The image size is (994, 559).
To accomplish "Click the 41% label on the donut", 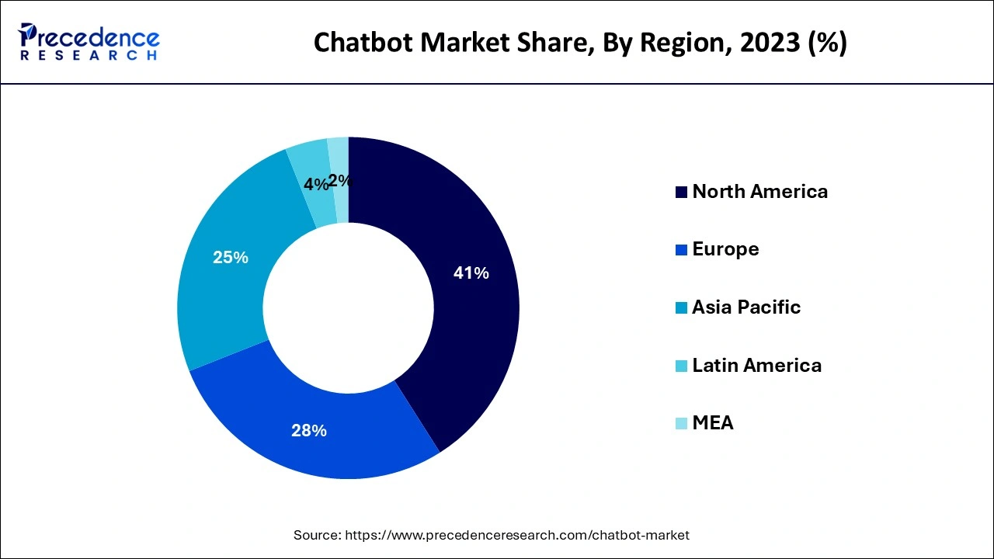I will tap(471, 273).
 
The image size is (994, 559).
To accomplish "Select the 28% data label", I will tap(309, 431).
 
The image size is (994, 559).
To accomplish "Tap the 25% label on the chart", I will tap(231, 258).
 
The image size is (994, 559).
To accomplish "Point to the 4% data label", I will tap(315, 185).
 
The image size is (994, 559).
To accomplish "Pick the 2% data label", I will tap(340, 181).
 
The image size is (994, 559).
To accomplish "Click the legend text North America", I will tap(759, 192).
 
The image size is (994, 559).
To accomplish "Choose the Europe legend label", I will tap(725, 249).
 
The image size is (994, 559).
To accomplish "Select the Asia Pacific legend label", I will tap(746, 307).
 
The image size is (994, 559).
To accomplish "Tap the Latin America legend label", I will tap(756, 366).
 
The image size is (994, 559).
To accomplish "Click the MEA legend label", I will tap(713, 423).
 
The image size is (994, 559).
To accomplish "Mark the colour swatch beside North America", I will tap(681, 193).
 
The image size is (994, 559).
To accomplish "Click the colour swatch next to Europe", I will tap(681, 250).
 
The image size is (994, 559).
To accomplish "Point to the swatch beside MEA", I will tap(681, 424).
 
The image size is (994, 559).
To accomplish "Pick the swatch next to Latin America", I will tap(681, 366).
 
